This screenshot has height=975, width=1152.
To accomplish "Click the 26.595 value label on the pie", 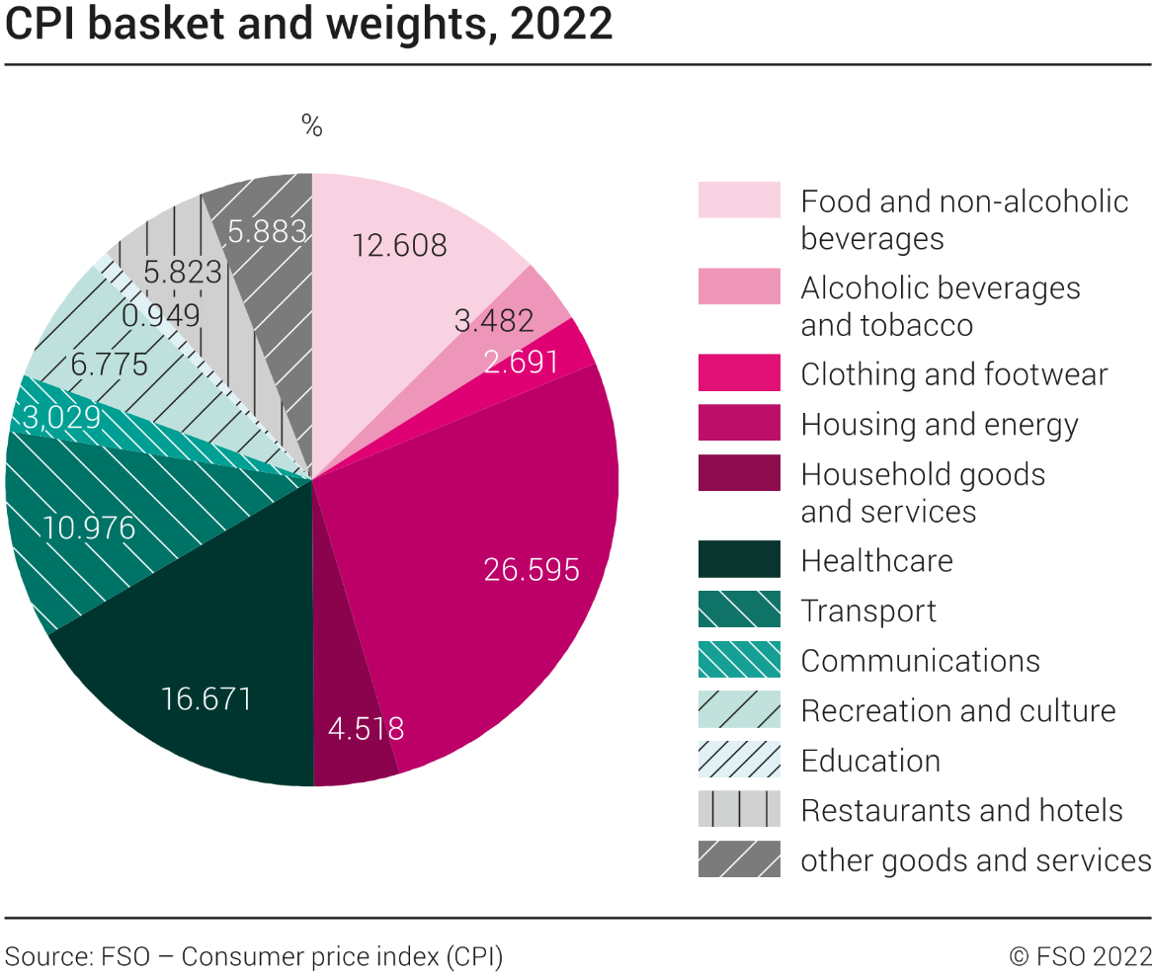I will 532,570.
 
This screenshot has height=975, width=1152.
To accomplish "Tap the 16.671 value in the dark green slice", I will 206,699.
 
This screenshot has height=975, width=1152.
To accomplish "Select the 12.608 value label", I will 399,244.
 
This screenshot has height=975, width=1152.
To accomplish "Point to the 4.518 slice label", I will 366,729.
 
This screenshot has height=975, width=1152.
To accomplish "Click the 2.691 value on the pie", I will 521,362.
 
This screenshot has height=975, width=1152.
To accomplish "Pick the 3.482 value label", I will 494,319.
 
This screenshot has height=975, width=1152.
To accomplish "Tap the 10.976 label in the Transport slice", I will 89,528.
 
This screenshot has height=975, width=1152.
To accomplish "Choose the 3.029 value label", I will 61,416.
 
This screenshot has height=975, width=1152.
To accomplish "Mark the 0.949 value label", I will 161,315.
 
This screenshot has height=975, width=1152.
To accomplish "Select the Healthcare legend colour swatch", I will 739,559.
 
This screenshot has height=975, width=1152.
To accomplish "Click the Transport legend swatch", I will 739,609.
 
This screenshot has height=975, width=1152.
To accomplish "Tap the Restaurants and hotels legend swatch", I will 739,809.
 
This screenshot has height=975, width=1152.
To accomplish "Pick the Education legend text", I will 870,761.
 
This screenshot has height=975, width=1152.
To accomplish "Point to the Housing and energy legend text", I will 940,425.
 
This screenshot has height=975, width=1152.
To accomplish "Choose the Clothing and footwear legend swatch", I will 739,373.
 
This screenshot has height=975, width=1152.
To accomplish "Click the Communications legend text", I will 920,660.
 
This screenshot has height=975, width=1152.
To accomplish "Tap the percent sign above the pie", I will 312,126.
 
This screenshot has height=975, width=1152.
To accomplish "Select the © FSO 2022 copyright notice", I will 1080,956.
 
